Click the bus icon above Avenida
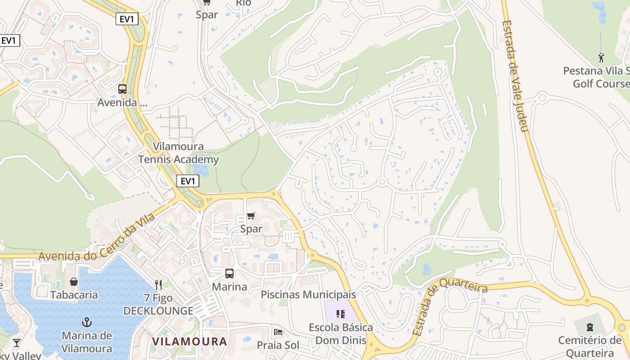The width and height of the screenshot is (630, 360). click(x=122, y=89)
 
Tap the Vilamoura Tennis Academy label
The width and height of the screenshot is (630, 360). click(x=178, y=153)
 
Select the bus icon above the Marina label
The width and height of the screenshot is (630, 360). click(x=229, y=273)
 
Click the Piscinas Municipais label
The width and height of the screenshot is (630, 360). click(x=308, y=295)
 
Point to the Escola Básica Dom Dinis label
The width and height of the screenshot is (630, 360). click(x=341, y=333)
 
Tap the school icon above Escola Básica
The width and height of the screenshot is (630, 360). click(x=341, y=314)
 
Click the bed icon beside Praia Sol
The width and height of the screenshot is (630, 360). click(x=279, y=332)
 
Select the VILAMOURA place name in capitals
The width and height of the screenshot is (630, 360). click(x=189, y=341)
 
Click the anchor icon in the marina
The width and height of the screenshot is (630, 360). click(x=86, y=322)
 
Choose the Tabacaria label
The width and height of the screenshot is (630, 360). click(x=74, y=295)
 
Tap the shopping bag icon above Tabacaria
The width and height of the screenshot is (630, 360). click(x=74, y=282)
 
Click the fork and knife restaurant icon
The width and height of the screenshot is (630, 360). click(x=158, y=284)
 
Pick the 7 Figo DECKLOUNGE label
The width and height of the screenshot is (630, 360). click(x=158, y=304)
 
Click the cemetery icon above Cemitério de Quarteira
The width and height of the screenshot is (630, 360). click(x=590, y=327)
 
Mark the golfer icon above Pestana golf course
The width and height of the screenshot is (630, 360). click(x=601, y=58)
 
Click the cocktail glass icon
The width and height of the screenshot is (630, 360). click(x=17, y=342)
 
